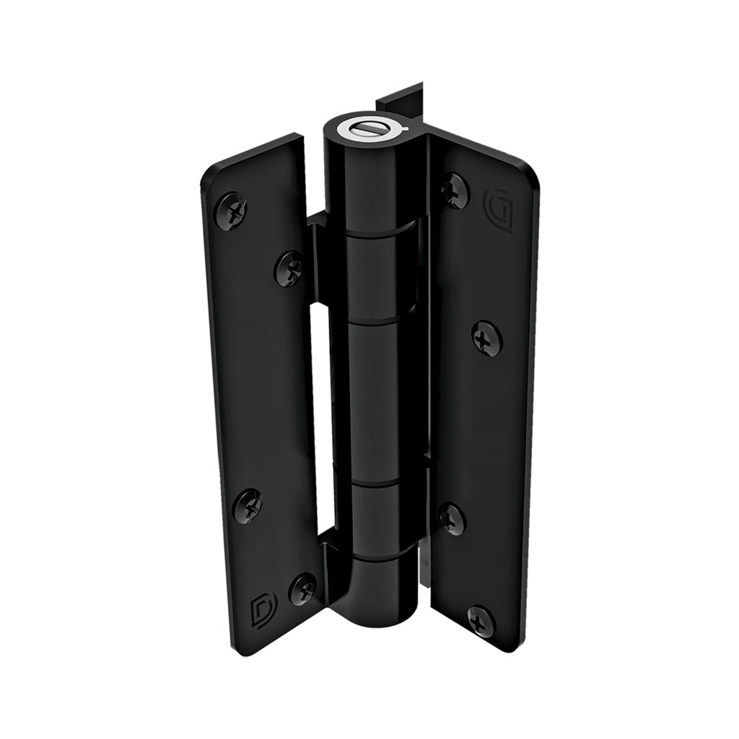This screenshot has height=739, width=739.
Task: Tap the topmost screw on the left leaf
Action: pyautogui.click(x=232, y=210)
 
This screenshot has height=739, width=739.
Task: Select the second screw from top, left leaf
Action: pyautogui.click(x=290, y=268)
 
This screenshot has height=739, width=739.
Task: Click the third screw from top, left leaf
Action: pyautogui.click(x=248, y=506)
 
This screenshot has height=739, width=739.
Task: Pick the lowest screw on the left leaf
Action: pyautogui.click(x=302, y=588)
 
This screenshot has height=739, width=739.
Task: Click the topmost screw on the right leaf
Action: pyautogui.click(x=455, y=191)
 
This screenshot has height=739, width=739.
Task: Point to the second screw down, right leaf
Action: pyautogui.click(x=487, y=338)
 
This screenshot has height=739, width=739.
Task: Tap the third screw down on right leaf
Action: pyautogui.click(x=452, y=518)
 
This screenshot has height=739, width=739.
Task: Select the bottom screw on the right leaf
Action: pyautogui.click(x=481, y=621)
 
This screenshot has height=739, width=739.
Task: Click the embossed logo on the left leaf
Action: pyautogui.click(x=259, y=611)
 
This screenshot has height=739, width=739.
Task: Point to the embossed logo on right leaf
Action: pyautogui.click(x=499, y=209)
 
